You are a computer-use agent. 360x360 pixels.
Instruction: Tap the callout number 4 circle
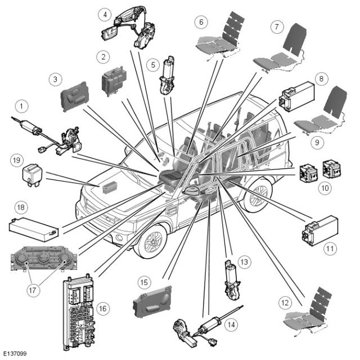click(x=104, y=13)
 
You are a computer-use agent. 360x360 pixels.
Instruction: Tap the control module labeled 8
click(x=298, y=97)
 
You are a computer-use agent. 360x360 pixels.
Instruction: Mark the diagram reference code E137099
click(x=15, y=354)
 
